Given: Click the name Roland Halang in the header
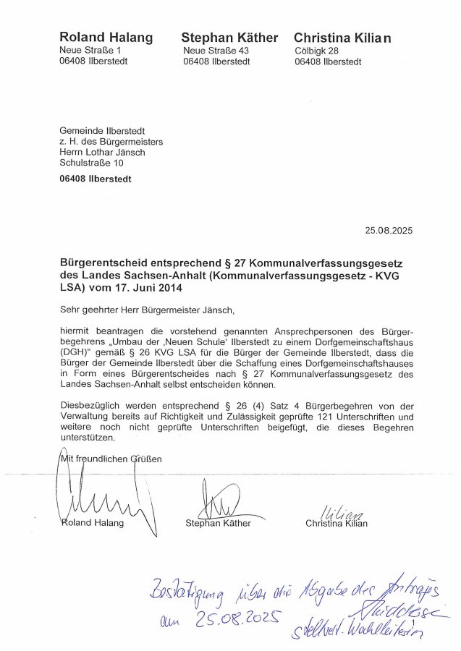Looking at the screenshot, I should pyautogui.click(x=106, y=38).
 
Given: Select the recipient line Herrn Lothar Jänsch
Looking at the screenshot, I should pyautogui.click(x=102, y=152).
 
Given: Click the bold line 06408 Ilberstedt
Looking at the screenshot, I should pyautogui.click(x=96, y=179).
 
